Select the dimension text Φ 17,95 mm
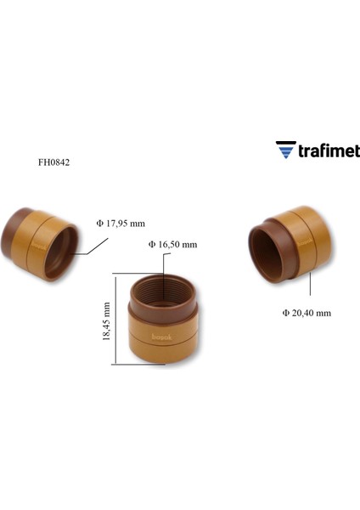121,224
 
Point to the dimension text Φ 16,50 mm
172,244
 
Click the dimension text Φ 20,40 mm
307,313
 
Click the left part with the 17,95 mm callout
41,243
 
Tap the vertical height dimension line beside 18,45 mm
115,320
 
